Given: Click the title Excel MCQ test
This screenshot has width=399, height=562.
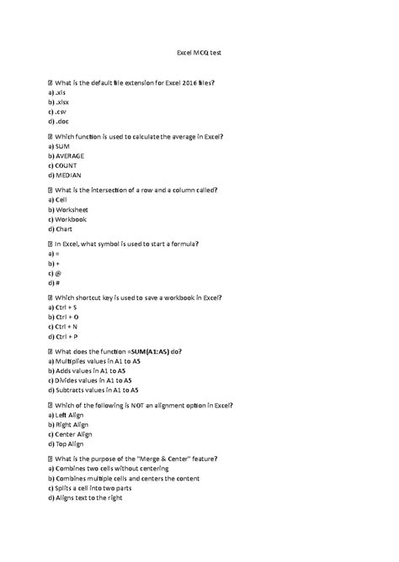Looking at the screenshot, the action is point(199,52).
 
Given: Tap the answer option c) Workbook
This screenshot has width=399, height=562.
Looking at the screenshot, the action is point(71,218).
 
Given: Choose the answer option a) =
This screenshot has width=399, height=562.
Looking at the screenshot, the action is point(55,254).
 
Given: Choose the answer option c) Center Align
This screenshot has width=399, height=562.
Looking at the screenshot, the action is point(74,433).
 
